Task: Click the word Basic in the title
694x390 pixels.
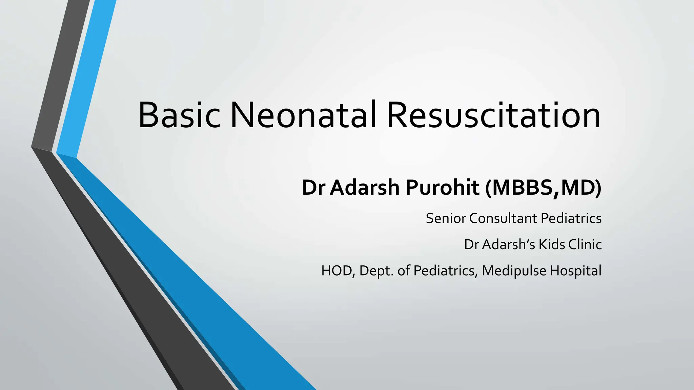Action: tap(179, 115)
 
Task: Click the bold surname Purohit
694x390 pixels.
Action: tap(442, 188)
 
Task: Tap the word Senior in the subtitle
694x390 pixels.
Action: tap(446, 218)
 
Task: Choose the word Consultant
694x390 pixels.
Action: tap(504, 218)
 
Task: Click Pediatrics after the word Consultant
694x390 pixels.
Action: tap(571, 218)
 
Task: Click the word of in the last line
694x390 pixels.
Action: tap(404, 271)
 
